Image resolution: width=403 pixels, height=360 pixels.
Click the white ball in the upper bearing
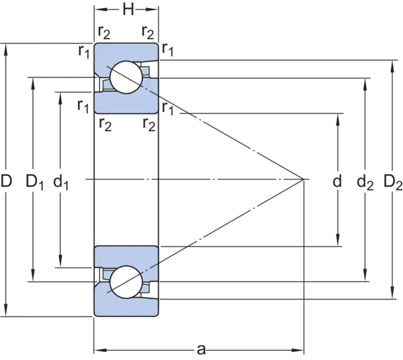point(126,77)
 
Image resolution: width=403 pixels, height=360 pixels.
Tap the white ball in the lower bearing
point(126,280)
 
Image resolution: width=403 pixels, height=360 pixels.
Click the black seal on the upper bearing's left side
point(99,85)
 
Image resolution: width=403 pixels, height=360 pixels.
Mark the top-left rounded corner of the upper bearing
point(96,46)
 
